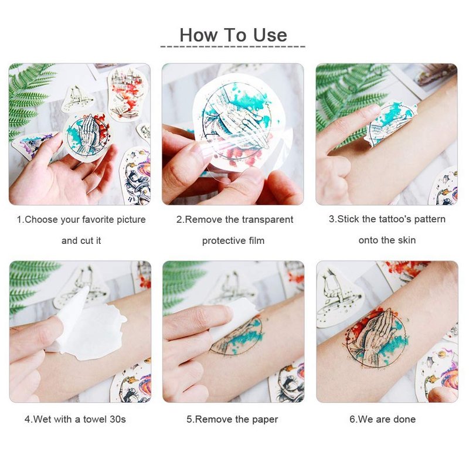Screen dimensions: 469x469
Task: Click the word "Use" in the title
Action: coord(270,35)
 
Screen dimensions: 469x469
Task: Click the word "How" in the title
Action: coord(199,35)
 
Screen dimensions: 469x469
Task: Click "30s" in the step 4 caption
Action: coord(118,419)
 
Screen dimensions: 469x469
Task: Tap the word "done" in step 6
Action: coord(405,419)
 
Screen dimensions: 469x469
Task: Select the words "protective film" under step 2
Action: coord(233,241)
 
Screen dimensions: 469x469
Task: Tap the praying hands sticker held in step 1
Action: coord(87,137)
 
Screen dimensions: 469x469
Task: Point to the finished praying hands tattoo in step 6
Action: coord(376,337)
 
